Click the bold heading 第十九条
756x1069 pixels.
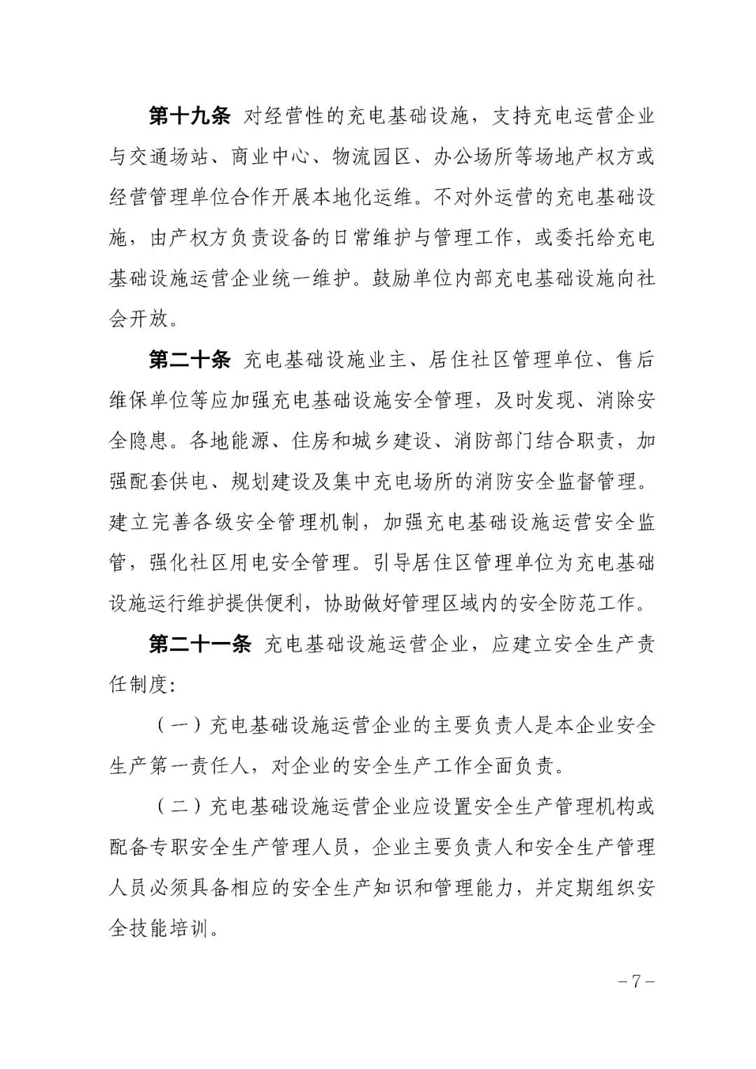(x=190, y=116)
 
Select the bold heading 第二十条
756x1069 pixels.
(x=190, y=360)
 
